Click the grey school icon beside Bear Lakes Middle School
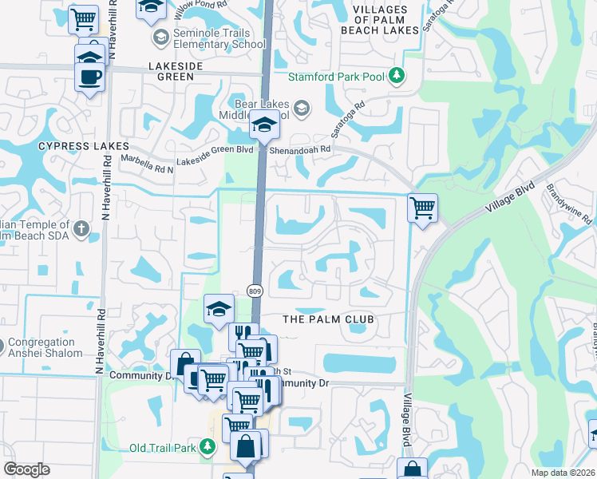[x=302, y=107]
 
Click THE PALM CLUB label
[x=329, y=319]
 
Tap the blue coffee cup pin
[x=89, y=77]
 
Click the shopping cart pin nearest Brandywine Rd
[x=422, y=209]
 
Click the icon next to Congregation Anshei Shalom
[x=12, y=346]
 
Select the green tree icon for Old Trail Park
[x=208, y=447]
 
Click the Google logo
[x=26, y=469]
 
